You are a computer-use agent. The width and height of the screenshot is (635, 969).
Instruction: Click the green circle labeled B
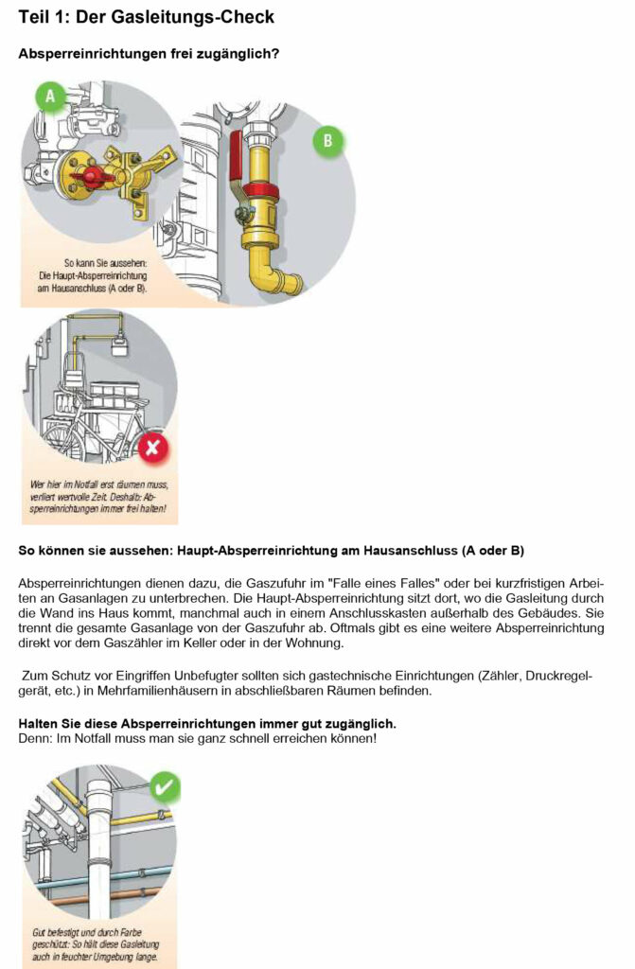pos(327,141)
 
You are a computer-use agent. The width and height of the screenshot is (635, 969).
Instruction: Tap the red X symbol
pos(154,449)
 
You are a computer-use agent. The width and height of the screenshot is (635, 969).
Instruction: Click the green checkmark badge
pos(165,786)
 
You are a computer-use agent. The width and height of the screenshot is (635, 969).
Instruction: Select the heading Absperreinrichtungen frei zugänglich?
pos(148,54)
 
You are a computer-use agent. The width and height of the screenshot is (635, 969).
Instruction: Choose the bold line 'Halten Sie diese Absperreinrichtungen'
pos(207,724)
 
